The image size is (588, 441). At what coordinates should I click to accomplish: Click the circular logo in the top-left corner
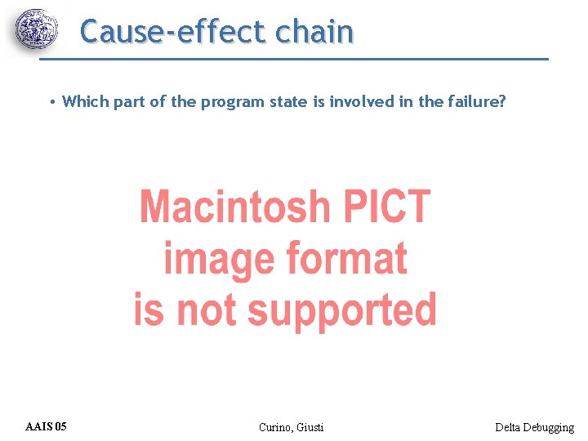[38, 31]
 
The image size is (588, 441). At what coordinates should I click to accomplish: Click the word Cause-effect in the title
[173, 32]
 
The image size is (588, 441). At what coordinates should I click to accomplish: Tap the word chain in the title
[314, 32]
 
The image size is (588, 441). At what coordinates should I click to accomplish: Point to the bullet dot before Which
[51, 102]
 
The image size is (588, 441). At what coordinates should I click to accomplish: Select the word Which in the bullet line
[83, 101]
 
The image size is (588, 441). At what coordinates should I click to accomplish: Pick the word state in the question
[290, 101]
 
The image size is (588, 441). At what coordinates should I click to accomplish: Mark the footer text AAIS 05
[47, 427]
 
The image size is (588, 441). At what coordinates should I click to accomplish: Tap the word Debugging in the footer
[548, 428]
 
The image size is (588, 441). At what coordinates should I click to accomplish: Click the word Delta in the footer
[507, 427]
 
